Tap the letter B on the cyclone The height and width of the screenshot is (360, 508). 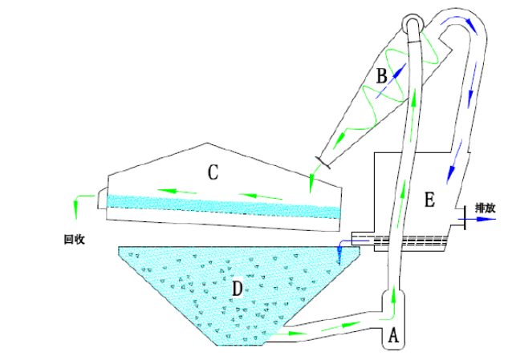(x=381, y=77)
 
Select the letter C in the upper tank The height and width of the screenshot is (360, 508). (x=213, y=172)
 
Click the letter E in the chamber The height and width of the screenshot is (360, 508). (x=429, y=200)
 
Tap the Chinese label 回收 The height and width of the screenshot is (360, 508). (x=75, y=239)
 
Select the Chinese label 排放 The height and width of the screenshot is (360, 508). (x=485, y=207)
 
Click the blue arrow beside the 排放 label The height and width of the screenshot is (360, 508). (x=484, y=218)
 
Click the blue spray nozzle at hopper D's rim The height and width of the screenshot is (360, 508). (x=340, y=254)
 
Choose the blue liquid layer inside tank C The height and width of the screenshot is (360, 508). (x=225, y=205)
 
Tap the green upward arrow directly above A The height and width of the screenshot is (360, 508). (x=394, y=299)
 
